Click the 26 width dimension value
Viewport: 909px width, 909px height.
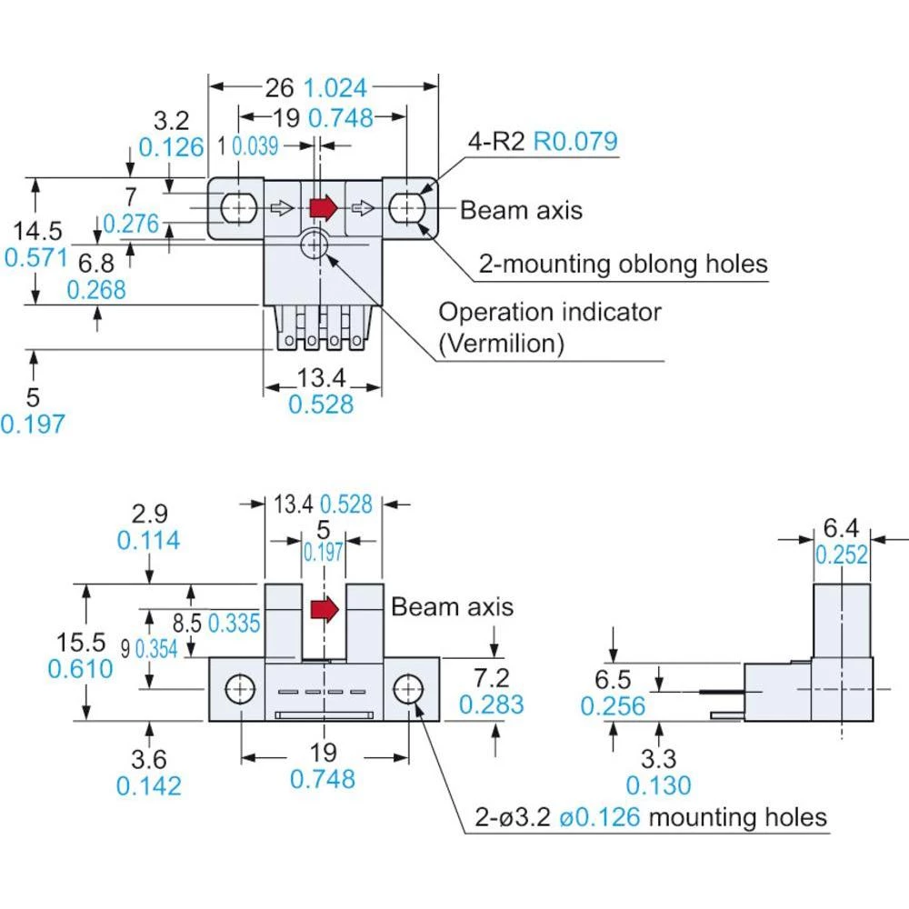[x=280, y=87]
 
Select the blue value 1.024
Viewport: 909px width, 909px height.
[x=335, y=87]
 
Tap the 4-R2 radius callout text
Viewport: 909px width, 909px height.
[x=497, y=142]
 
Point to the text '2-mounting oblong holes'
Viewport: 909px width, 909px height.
[x=624, y=265]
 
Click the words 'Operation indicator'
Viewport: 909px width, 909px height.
[x=550, y=312]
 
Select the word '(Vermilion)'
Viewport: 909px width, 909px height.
[x=501, y=343]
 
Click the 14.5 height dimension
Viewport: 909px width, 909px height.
[x=37, y=228]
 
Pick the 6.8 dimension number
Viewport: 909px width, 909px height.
[x=96, y=264]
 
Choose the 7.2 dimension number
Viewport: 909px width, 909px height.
[x=491, y=676]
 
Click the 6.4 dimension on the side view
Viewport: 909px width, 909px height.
[x=841, y=526]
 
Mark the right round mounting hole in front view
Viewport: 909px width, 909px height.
[x=406, y=689]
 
